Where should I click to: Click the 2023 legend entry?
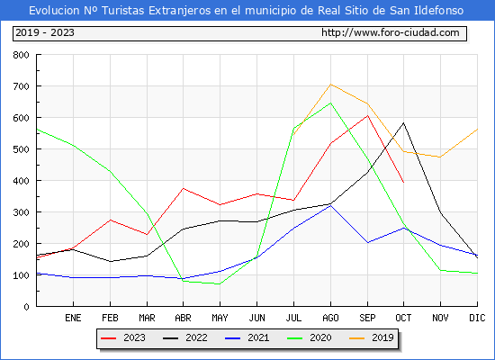click(123, 337)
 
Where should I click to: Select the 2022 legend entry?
click(185, 337)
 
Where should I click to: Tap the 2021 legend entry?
click(247, 337)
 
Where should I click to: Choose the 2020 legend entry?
click(310, 337)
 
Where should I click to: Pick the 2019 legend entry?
click(372, 337)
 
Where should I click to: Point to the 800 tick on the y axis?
click(21, 55)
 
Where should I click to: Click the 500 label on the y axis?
click(21, 149)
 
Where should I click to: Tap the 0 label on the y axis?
click(26, 307)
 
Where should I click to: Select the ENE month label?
click(73, 318)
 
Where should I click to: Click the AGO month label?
click(330, 318)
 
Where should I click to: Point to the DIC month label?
click(477, 318)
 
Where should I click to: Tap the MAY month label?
click(220, 318)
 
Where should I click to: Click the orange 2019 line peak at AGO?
click(330, 85)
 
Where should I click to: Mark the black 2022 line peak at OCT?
click(403, 122)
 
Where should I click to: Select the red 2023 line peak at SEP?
click(367, 115)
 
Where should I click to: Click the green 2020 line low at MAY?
click(220, 284)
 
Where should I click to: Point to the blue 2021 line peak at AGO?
click(330, 205)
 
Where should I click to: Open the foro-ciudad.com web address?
click(391, 32)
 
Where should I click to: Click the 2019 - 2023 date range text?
click(45, 32)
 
